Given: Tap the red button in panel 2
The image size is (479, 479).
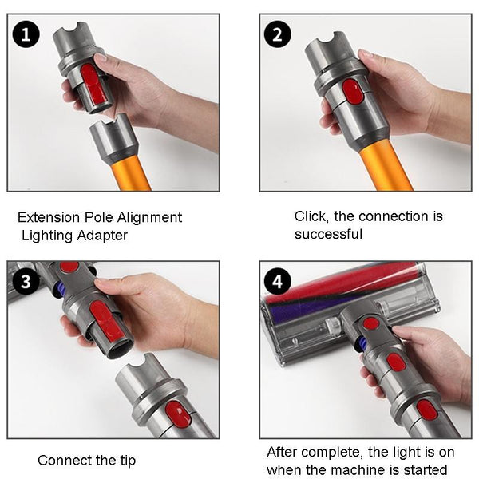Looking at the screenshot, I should (x=352, y=94).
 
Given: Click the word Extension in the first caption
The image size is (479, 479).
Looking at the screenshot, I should (x=47, y=217).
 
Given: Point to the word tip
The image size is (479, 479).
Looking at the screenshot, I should (x=126, y=461).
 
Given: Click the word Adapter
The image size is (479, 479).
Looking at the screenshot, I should (x=102, y=236).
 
